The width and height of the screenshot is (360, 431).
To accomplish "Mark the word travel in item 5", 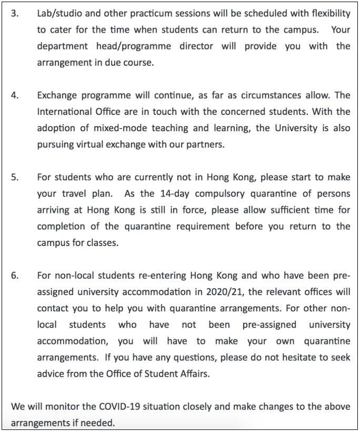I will tap(74, 193).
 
